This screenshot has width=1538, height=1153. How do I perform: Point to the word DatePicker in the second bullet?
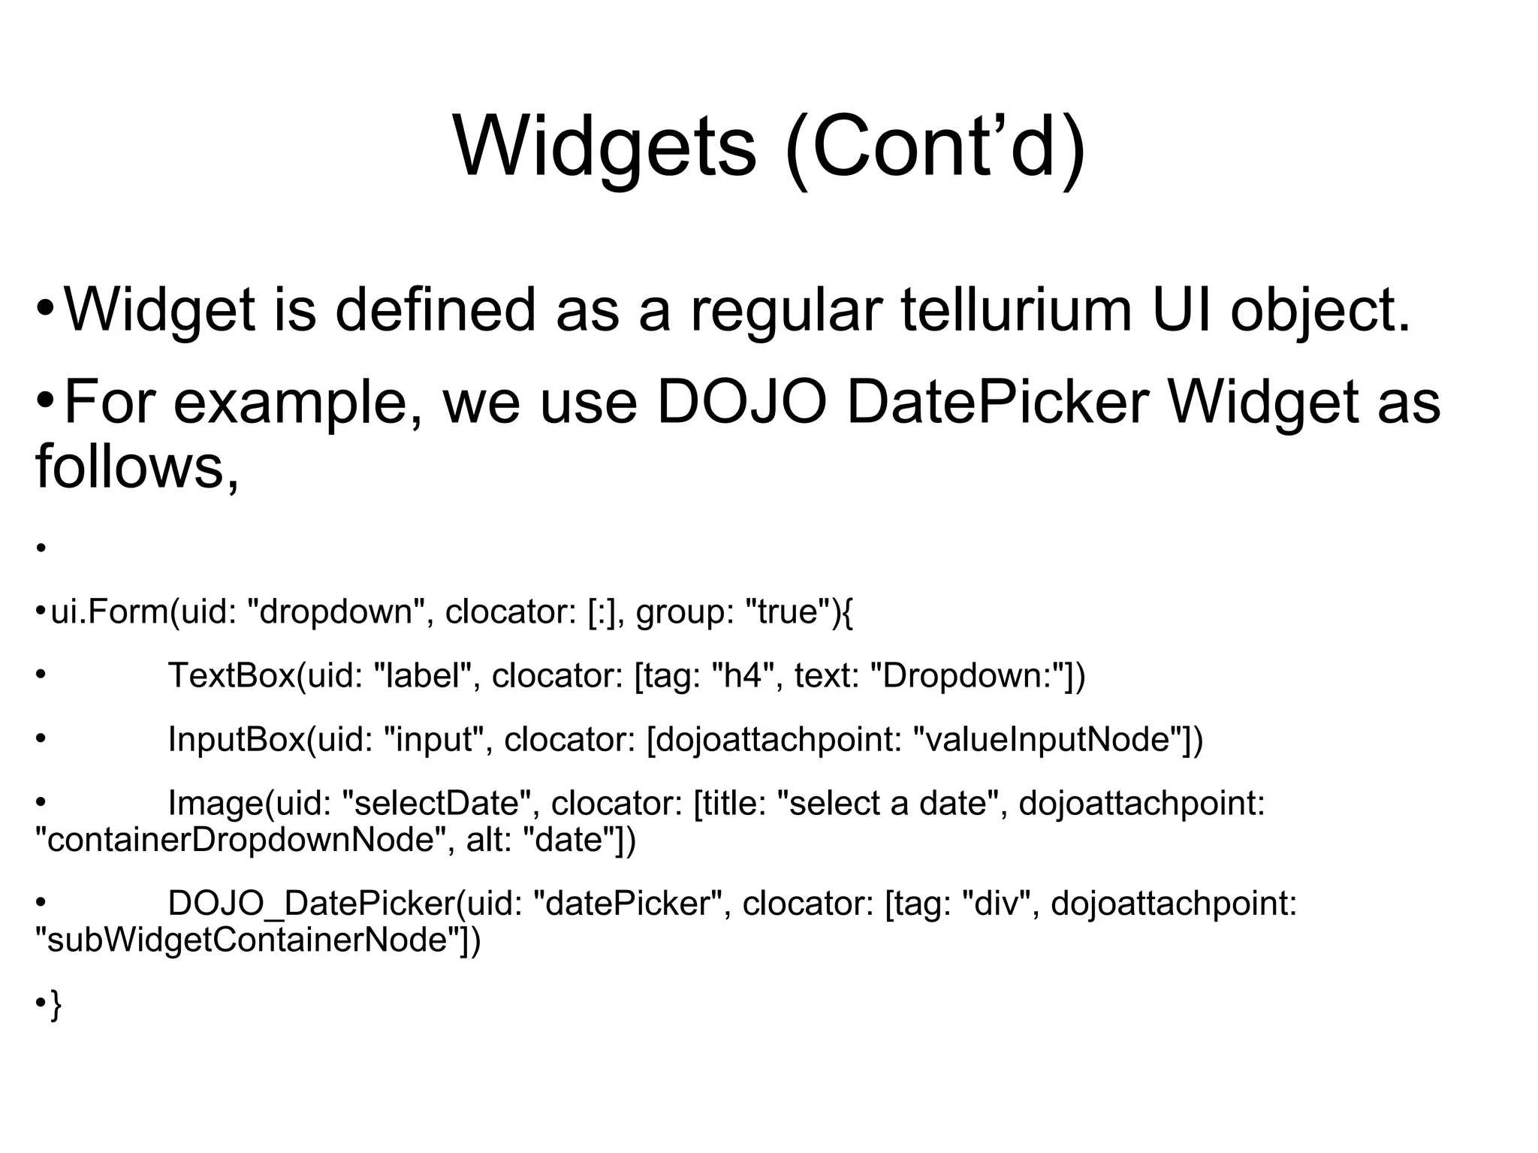coord(998,403)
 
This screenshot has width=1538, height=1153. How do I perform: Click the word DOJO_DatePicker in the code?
coord(311,903)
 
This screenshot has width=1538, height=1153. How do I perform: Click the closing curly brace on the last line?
coord(55,1005)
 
